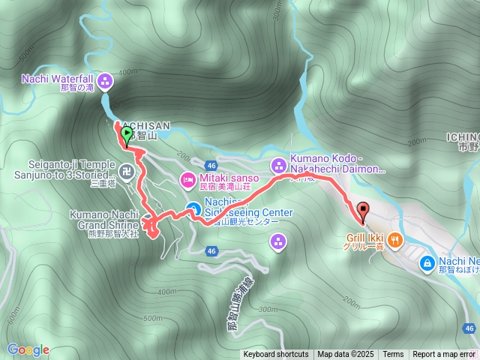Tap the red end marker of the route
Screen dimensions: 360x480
click(x=364, y=211)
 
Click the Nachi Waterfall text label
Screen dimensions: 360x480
click(x=57, y=78)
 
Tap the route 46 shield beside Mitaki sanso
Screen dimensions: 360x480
click(x=212, y=165)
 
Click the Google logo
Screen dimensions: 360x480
click(x=28, y=349)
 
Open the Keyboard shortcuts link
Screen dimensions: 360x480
click(x=275, y=355)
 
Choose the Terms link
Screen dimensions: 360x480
click(x=393, y=355)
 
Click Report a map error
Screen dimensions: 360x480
click(x=443, y=355)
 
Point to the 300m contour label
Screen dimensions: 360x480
click(x=266, y=309)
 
